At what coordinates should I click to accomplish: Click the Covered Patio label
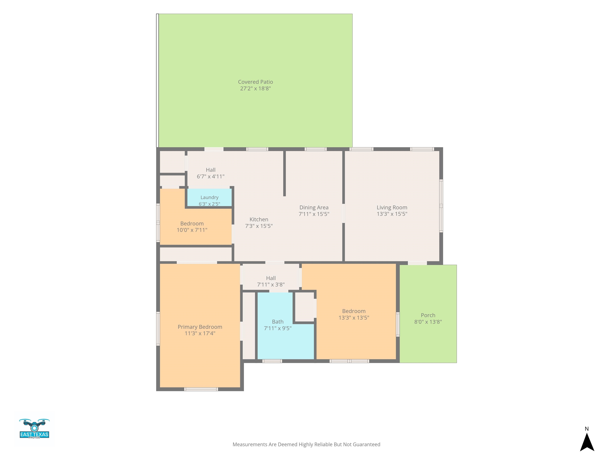pos(255,82)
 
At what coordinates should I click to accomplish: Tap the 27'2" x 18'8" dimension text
pos(255,88)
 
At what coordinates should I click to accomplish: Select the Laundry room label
pos(210,197)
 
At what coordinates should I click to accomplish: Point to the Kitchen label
pos(259,219)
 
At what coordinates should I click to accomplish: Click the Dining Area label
pos(314,207)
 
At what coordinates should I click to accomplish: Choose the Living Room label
pos(392,207)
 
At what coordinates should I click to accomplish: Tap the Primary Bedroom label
pos(200,327)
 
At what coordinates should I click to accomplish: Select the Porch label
pos(428,315)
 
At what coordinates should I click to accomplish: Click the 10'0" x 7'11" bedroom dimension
pos(192,230)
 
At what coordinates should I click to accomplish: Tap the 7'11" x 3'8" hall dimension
pos(271,285)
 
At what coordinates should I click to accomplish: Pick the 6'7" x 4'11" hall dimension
pos(211,176)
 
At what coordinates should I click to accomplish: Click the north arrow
pos(587,442)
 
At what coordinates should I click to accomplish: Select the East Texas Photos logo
pos(34,429)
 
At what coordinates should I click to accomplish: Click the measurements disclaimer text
pos(306,444)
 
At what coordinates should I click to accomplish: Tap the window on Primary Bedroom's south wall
pos(201,389)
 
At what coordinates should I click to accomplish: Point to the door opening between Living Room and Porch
pos(417,263)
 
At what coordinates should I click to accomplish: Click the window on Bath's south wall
pos(272,361)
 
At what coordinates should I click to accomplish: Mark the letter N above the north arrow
pos(587,429)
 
